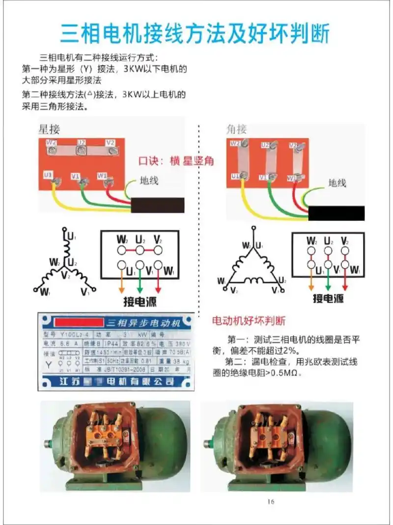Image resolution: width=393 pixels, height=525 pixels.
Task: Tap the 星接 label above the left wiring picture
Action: [x=49, y=129]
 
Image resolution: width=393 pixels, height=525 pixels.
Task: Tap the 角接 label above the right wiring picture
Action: [x=236, y=129]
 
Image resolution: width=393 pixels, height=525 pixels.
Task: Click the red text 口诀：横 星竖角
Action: [x=176, y=161]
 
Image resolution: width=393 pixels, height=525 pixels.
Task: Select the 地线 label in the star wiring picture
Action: [x=149, y=181]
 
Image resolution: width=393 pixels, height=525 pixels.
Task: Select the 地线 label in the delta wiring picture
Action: [x=337, y=183]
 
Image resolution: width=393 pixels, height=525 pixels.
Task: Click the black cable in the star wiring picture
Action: [x=158, y=205]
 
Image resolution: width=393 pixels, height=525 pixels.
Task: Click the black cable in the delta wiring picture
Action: [x=336, y=213]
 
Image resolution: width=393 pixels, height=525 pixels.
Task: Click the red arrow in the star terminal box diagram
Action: [x=157, y=283]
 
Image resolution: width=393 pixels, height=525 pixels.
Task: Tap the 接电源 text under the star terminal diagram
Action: [x=140, y=301]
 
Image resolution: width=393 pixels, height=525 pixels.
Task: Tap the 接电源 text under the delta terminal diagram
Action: [x=328, y=299]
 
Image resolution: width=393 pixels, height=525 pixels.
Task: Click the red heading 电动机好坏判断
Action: [x=248, y=321]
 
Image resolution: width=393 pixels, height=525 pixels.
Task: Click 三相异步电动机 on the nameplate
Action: [x=143, y=323]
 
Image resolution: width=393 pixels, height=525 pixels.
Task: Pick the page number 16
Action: [x=271, y=502]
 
